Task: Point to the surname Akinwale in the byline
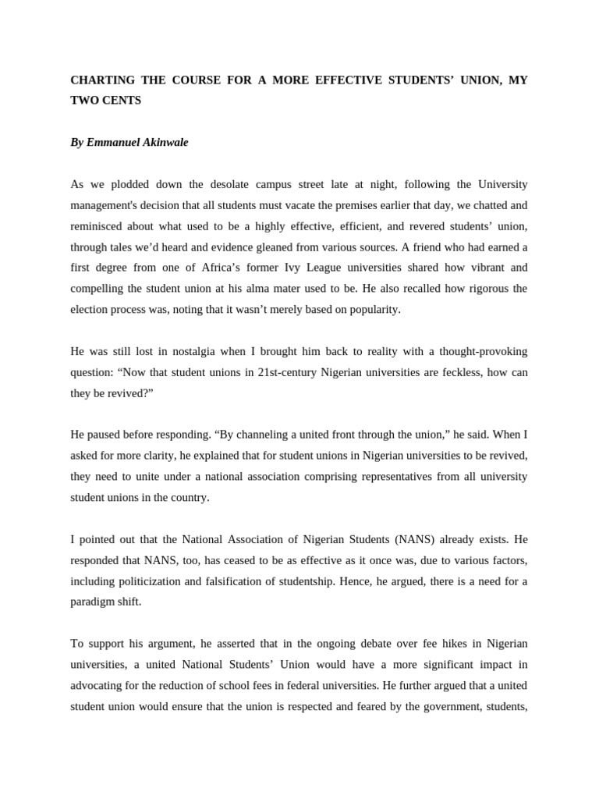coord(165,143)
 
